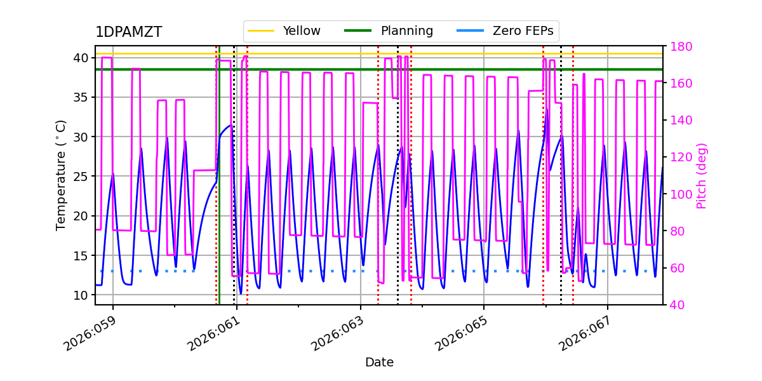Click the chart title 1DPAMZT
tap(128, 32)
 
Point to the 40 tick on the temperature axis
tap(81, 58)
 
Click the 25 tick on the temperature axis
tap(81, 177)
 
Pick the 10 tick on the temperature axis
tap(81, 295)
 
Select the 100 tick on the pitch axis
tap(681, 194)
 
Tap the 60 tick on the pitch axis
tap(678, 268)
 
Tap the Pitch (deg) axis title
tap(702, 175)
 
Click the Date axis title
tap(379, 363)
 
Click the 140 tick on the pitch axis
tap(681, 121)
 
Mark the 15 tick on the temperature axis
tap(81, 255)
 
